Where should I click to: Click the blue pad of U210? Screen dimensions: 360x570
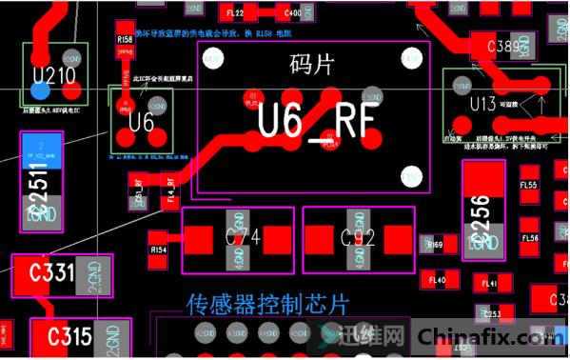click(x=40, y=90)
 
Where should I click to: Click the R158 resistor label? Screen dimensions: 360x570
click(x=124, y=40)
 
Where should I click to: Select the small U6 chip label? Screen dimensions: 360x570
click(x=141, y=122)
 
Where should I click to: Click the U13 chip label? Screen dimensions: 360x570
click(x=482, y=103)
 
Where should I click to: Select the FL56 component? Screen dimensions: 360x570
click(x=530, y=238)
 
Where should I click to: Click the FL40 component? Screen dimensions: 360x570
click(x=438, y=280)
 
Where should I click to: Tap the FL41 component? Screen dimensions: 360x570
click(x=490, y=284)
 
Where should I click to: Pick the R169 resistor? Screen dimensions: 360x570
click(x=436, y=245)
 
